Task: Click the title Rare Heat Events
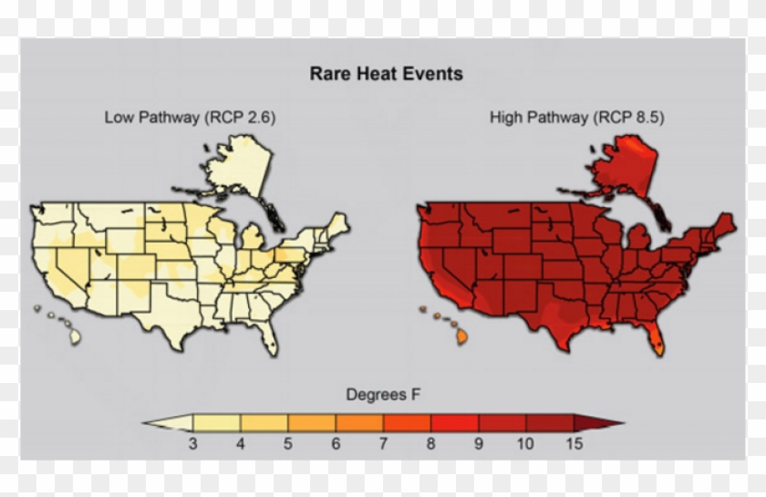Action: [386, 74]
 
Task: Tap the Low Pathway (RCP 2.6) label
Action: [190, 117]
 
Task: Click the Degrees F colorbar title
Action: [383, 395]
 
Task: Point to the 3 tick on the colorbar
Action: [193, 444]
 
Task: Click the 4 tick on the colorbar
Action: [241, 444]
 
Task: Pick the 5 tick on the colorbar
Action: [288, 444]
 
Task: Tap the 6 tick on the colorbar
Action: [336, 444]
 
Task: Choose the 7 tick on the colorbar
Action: [383, 444]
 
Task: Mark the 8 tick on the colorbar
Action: [430, 444]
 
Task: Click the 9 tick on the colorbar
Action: [478, 444]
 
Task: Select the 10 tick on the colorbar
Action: [525, 444]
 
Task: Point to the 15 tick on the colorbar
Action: [573, 444]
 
